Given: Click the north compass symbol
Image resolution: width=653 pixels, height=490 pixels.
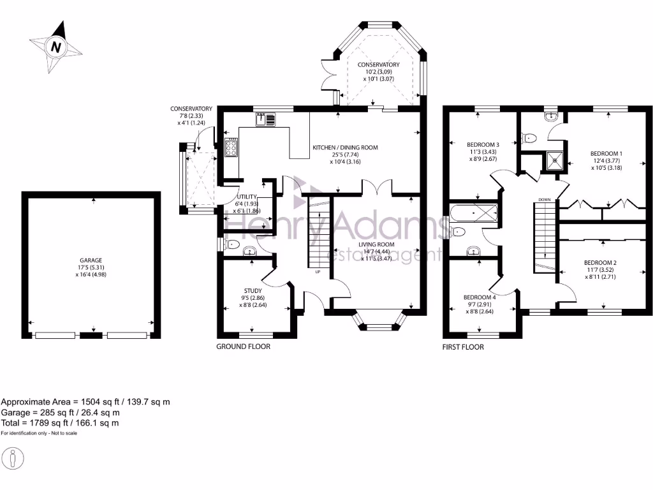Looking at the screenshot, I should coord(56,47).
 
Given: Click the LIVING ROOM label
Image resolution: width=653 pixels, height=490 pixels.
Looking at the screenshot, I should coord(376,244).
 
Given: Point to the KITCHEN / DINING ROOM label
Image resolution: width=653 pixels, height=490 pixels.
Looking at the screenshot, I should coord(345,147).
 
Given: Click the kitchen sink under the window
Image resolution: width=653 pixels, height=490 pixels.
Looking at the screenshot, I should coord(266,119).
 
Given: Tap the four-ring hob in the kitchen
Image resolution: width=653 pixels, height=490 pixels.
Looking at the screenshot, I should coord(231,148).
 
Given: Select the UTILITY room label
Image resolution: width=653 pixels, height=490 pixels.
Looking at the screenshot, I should coord(247,197).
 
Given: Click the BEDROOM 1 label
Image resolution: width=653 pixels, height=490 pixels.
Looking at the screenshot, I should coord(606,154).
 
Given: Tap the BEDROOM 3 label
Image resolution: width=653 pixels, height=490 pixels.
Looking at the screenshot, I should coord(483,145).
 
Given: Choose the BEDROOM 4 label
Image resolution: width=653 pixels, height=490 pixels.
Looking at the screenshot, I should coord(480,297).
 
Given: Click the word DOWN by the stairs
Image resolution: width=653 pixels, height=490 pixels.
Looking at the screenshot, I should coord(544,200).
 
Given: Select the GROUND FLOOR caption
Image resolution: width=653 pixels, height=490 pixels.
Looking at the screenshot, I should coord(243,347).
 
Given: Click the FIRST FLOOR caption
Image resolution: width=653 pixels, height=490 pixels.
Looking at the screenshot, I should coord(463,348).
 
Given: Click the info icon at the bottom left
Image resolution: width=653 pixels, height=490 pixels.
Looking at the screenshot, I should coord(13,458).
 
